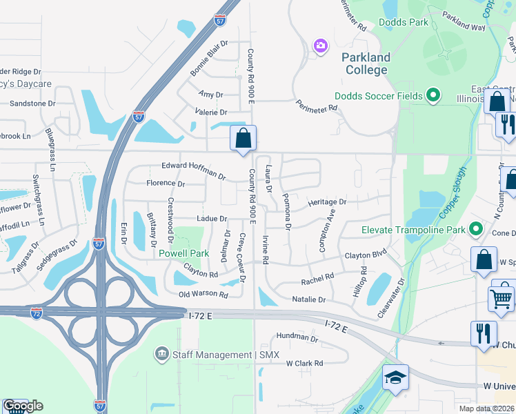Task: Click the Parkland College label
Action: tap(366, 63)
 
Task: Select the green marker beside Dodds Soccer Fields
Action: tap(433, 95)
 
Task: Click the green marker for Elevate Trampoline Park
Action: tap(475, 229)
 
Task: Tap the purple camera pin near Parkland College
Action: tap(320, 46)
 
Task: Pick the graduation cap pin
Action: tap(395, 377)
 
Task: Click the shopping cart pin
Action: tap(501, 298)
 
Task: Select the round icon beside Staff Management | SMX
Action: tap(162, 355)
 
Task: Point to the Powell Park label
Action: tap(183, 253)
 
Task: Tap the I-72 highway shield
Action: tap(37, 313)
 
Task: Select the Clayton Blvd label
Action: tap(366, 255)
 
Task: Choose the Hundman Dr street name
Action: tap(297, 337)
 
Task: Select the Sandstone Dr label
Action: tap(32, 103)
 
